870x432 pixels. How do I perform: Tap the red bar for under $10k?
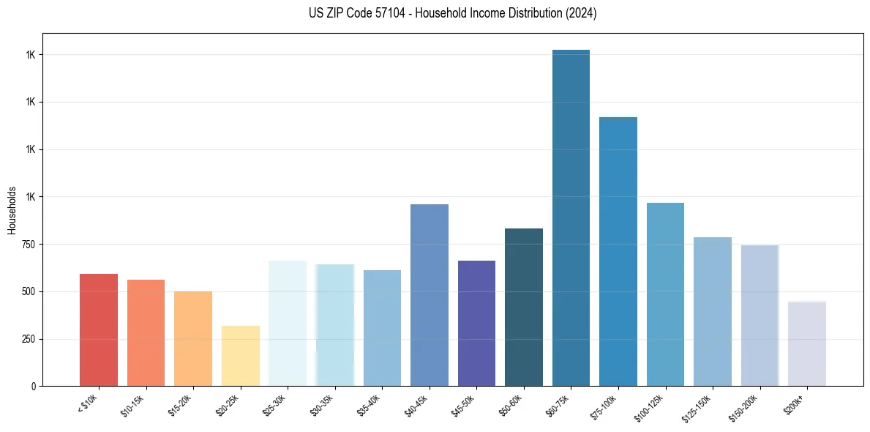pyautogui.click(x=99, y=329)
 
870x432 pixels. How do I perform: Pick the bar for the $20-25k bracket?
pyautogui.click(x=241, y=356)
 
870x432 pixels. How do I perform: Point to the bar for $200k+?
pyautogui.click(x=807, y=343)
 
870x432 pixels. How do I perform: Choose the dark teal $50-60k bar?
pyautogui.click(x=524, y=308)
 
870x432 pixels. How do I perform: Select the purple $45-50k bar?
pyautogui.click(x=476, y=323)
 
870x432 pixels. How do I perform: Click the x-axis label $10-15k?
pyautogui.click(x=132, y=404)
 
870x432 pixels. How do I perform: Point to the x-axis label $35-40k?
pyautogui.click(x=369, y=404)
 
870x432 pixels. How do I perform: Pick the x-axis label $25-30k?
pyautogui.click(x=274, y=404)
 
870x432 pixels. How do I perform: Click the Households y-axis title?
pyautogui.click(x=12, y=210)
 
